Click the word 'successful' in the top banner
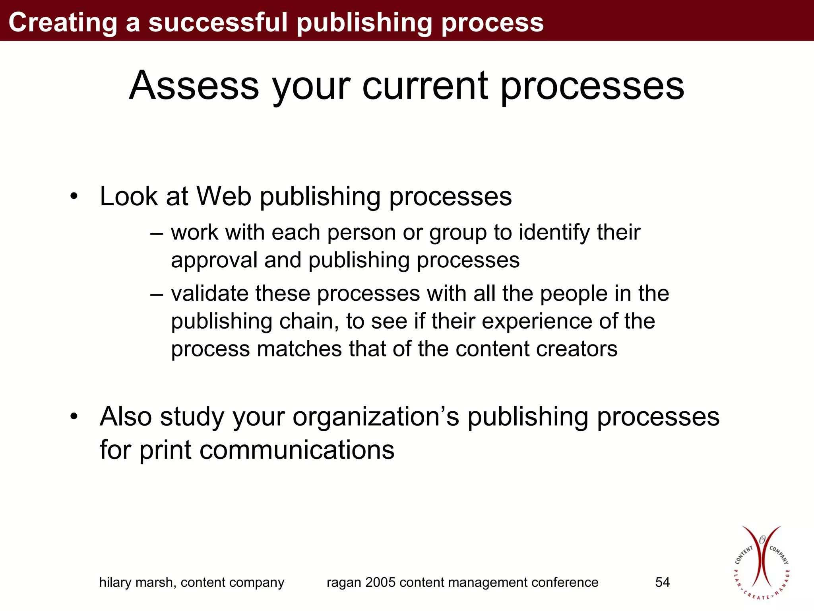[217, 22]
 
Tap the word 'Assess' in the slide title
[194, 86]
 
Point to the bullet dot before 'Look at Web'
[74, 196]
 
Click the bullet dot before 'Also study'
[74, 417]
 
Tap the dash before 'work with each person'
[157, 233]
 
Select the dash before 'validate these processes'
[157, 294]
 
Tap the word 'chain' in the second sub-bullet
[309, 321]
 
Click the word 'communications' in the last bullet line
[297, 450]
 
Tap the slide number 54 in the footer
[662, 582]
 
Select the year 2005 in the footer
[380, 582]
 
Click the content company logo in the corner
[761, 562]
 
